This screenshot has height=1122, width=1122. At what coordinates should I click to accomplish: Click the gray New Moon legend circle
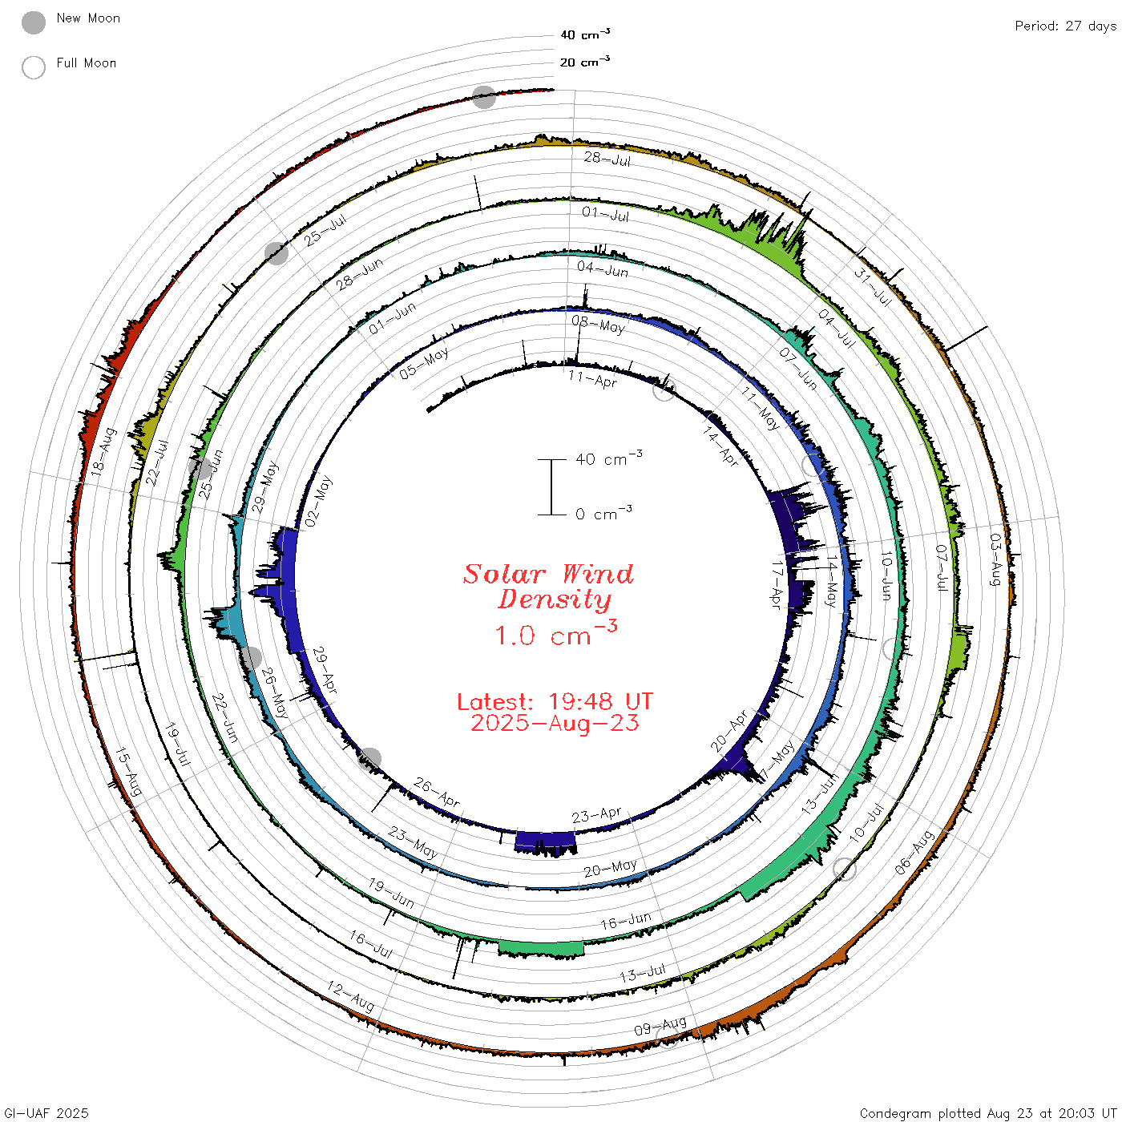[34, 22]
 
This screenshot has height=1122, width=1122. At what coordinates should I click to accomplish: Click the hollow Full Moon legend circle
[34, 67]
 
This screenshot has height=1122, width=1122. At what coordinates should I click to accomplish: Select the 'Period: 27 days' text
[1065, 26]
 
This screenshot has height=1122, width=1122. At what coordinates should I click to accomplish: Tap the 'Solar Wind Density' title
[548, 587]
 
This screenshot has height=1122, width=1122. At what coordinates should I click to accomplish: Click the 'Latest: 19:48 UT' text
[555, 701]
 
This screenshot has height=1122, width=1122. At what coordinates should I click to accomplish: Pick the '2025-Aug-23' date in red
[555, 723]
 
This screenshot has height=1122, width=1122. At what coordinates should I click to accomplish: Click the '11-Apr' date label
[593, 379]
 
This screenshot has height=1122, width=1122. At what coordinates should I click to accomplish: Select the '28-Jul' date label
[607, 159]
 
